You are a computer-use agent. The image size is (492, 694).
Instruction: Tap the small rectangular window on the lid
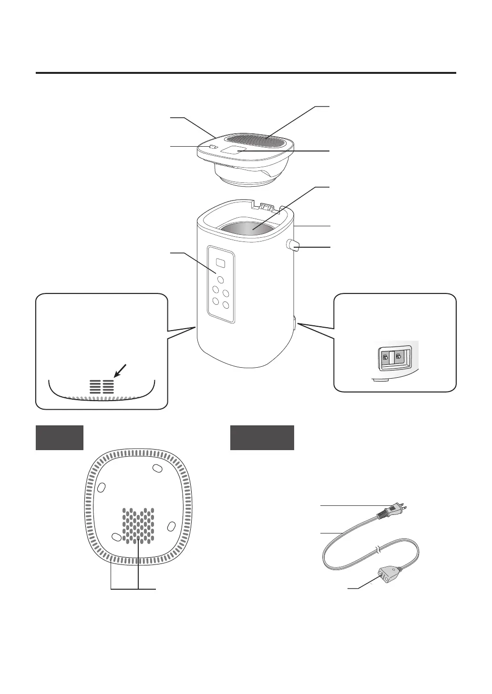[x=234, y=151]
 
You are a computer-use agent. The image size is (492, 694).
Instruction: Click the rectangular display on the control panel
[x=220, y=262]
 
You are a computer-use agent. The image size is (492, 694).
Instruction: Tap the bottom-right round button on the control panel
[x=225, y=304]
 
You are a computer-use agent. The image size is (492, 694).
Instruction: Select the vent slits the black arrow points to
[x=102, y=386]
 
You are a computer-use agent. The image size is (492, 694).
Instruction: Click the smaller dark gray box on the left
[x=60, y=437]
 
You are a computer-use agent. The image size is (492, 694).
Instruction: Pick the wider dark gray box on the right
[x=262, y=437]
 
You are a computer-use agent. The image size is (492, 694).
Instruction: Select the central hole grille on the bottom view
[x=139, y=526]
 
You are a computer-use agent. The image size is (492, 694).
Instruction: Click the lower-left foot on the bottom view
[x=116, y=537]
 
